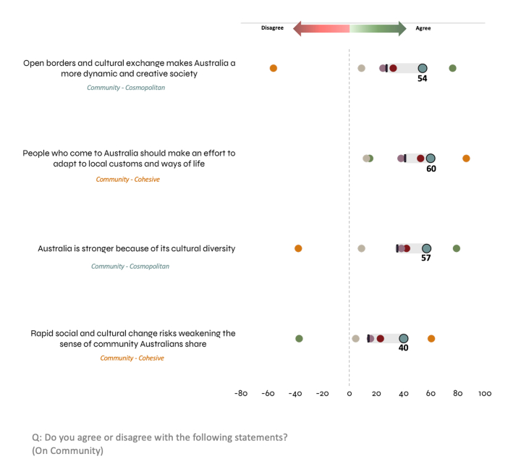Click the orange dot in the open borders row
(x=274, y=68)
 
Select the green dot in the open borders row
(x=452, y=68)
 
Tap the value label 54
(x=423, y=78)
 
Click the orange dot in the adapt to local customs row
(x=466, y=159)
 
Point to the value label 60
(x=431, y=169)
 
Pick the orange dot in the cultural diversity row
(x=298, y=248)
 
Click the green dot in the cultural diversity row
(x=457, y=248)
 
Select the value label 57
(x=426, y=258)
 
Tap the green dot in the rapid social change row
(x=299, y=338)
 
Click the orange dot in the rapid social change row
(x=431, y=338)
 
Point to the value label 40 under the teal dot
(x=404, y=348)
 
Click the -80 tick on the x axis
(x=242, y=394)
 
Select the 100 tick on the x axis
(x=485, y=394)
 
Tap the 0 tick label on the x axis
(x=350, y=394)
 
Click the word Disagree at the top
(x=273, y=28)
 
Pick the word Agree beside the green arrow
(x=423, y=28)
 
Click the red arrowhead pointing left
(x=297, y=28)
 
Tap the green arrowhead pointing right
(x=402, y=28)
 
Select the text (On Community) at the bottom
(x=68, y=451)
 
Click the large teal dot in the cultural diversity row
(x=426, y=248)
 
